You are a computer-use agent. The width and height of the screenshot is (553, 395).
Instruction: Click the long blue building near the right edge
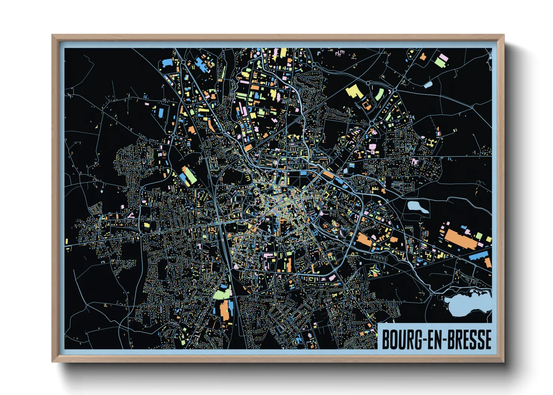point(478,256)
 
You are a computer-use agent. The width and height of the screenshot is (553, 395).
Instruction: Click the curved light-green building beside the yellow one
point(379,94)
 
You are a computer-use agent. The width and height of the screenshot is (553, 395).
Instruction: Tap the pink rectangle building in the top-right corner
point(444,57)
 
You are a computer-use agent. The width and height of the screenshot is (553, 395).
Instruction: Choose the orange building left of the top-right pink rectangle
point(423,57)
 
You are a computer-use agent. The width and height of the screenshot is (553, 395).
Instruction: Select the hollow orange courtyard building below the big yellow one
point(366,105)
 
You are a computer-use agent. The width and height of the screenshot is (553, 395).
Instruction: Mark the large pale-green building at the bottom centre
point(222,293)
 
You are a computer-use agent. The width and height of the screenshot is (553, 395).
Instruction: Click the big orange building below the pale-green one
point(224,310)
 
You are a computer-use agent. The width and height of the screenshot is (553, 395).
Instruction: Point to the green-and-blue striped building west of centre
point(189,175)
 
